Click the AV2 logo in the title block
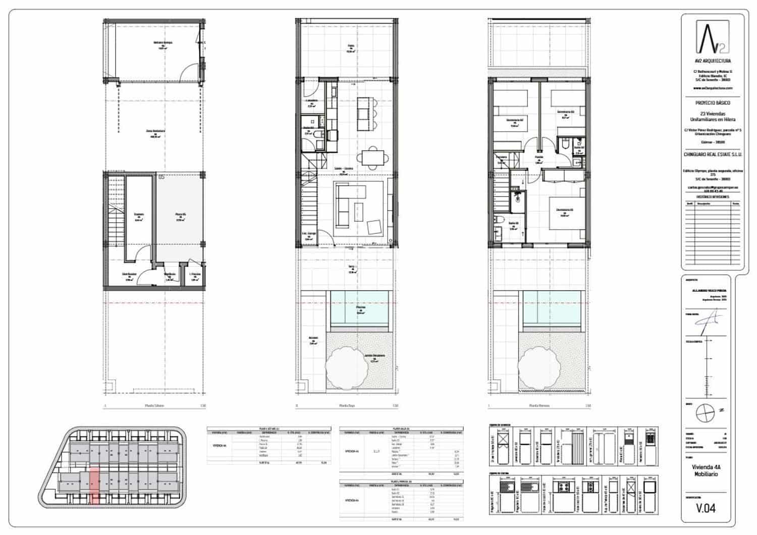[712, 37]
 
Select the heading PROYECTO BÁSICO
[712, 103]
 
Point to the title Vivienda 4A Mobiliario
[706, 471]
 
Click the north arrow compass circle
[705, 414]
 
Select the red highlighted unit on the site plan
[94, 485]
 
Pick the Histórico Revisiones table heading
[712, 197]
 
